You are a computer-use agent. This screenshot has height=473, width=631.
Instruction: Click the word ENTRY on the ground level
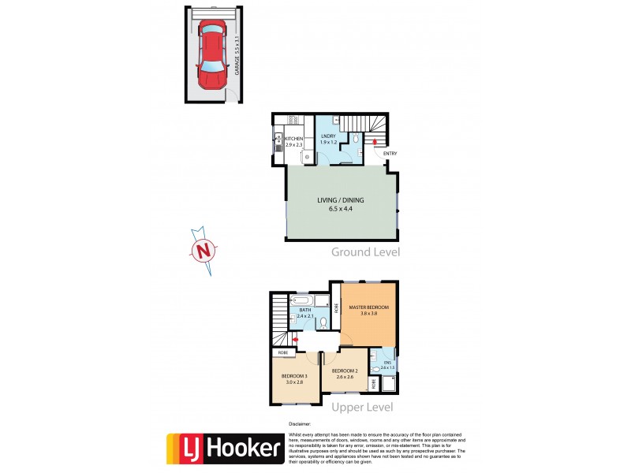click(390, 153)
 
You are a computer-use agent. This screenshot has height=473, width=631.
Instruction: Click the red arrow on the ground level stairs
click(375, 141)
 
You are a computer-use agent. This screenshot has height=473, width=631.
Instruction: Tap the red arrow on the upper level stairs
click(295, 340)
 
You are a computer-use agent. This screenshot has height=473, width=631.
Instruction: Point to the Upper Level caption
click(363, 408)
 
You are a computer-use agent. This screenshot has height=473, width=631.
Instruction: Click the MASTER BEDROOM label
click(369, 307)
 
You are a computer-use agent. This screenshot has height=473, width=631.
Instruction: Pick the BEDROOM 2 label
click(346, 372)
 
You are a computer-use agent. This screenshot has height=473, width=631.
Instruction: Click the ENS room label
click(386, 365)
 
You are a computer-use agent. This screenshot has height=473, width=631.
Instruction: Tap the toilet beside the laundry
click(357, 139)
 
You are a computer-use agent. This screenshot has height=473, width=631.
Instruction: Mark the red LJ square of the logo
click(184, 449)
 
